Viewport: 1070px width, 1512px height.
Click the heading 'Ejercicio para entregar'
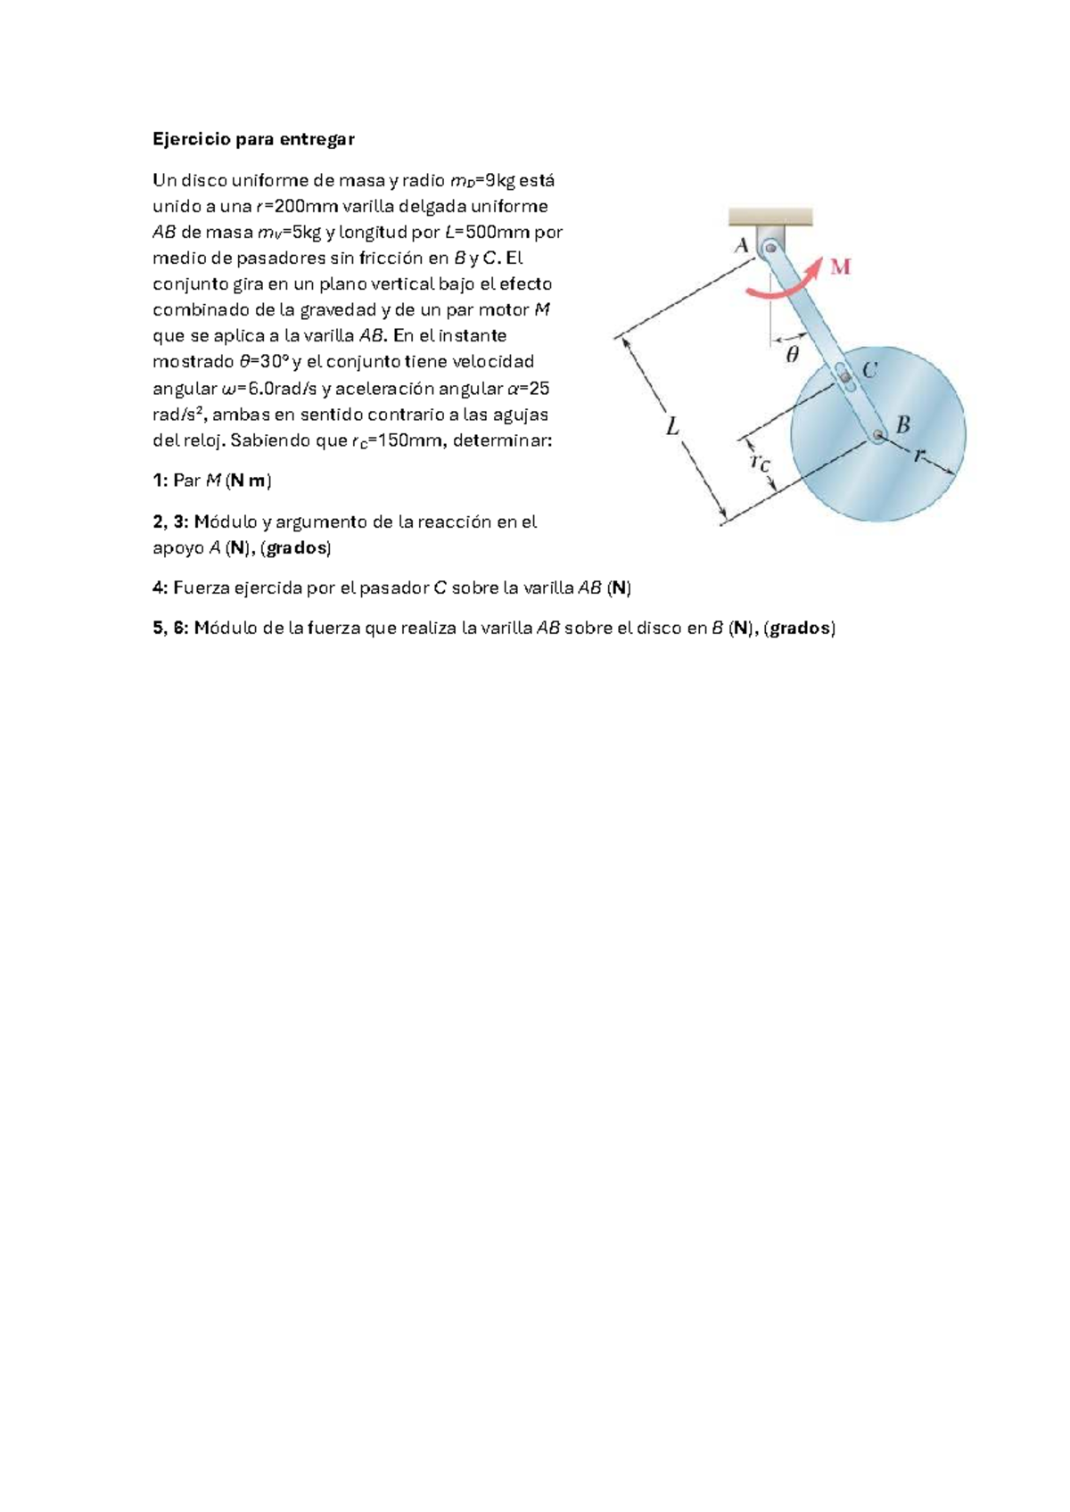253,139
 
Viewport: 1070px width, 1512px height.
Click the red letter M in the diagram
840,268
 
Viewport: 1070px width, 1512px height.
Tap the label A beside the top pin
741,246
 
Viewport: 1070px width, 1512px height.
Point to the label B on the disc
902,425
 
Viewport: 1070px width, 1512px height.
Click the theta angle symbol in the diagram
792,354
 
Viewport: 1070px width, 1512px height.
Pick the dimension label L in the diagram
672,427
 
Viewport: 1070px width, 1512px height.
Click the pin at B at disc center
877,435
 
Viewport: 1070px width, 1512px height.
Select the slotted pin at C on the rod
844,376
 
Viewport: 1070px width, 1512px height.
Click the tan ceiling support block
770,217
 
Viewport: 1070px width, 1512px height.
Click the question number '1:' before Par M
160,481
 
